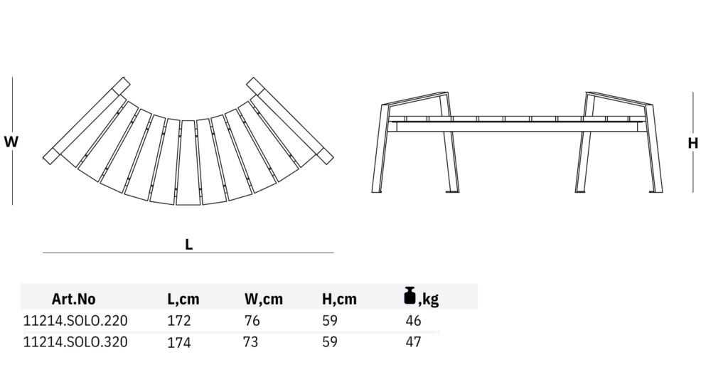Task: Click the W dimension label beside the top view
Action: [x=11, y=142]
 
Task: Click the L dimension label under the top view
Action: [x=189, y=243]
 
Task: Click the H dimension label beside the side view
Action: [x=693, y=143]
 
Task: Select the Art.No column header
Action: [x=73, y=299]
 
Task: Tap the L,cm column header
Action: [x=183, y=299]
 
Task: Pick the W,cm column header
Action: [x=263, y=299]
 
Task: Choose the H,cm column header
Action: [x=339, y=299]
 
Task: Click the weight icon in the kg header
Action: [x=409, y=295]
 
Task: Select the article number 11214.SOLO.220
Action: [x=75, y=320]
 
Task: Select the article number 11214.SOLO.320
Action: [x=75, y=342]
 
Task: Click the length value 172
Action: [x=179, y=320]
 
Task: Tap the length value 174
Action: [x=179, y=343]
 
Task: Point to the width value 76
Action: [x=252, y=320]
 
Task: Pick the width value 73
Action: [x=250, y=342]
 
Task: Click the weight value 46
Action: [x=413, y=320]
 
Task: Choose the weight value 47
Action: [x=413, y=342]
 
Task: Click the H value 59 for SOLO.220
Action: [x=330, y=320]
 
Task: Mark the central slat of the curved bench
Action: [x=188, y=162]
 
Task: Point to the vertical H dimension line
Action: [x=693, y=114]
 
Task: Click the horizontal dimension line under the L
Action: [x=188, y=253]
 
